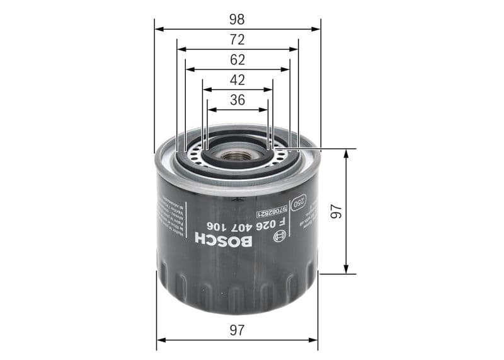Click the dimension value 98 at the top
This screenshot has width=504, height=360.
[237, 20]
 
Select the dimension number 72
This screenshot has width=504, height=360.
[237, 40]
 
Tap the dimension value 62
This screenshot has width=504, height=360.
[237, 61]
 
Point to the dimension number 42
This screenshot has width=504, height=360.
[237, 80]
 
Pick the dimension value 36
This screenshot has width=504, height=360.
[237, 100]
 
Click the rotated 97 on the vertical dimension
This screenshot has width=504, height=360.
[335, 212]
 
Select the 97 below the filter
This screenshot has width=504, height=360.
[237, 329]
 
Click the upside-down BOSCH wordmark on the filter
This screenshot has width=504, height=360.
[223, 240]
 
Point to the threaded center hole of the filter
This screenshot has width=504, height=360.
[237, 154]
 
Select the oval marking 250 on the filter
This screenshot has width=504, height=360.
[301, 202]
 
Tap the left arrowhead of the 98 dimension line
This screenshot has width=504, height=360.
[158, 28]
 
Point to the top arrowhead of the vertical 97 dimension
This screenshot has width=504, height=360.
[346, 153]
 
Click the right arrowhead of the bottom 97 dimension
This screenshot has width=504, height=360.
[314, 340]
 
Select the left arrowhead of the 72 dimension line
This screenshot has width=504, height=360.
[181, 49]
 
